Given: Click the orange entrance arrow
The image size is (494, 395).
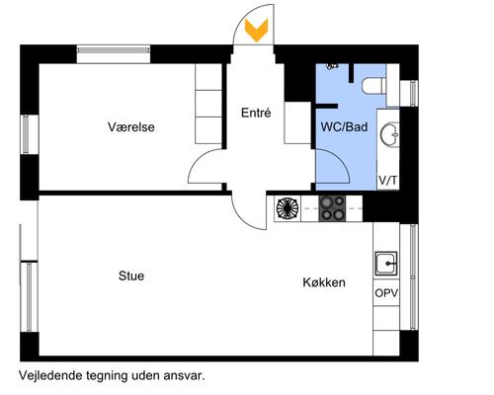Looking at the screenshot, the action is point(256,31).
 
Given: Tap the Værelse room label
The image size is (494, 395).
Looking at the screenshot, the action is point(131,126).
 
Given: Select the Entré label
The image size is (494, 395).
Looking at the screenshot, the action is point(256,113).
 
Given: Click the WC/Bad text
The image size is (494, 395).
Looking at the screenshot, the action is point(344,126).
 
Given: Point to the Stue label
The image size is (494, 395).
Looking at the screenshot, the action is point(131,276).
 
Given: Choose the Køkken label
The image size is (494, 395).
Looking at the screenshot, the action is point(324,282).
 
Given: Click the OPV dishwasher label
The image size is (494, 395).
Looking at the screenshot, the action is point(386,293).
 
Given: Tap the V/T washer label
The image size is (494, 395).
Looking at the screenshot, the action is point(388,181).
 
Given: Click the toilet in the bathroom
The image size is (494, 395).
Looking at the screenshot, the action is point(374,86).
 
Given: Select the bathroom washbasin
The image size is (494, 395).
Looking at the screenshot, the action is point(389,134).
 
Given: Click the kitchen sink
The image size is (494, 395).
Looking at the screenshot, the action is point(386,264).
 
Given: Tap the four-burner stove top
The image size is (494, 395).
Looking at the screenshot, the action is point(332,208).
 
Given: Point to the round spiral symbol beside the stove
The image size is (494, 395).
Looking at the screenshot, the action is point(288,208).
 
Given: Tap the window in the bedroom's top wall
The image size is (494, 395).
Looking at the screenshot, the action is point(114,50).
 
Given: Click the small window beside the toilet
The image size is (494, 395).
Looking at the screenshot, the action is point(413,93).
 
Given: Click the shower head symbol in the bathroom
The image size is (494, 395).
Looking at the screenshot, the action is point(332,66).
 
